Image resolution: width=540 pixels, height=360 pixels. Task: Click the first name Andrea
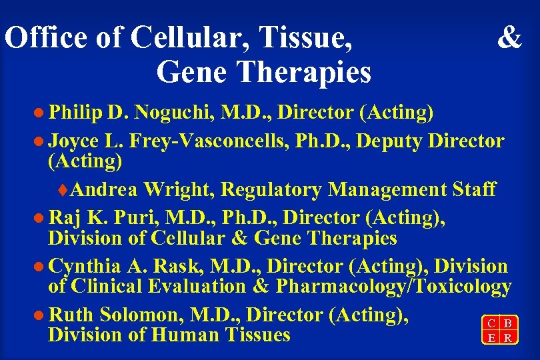tap(104, 189)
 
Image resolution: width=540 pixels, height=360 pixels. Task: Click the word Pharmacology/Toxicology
tap(393, 286)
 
